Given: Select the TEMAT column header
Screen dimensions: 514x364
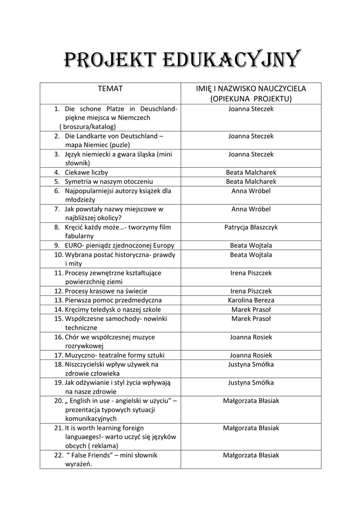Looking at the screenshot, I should [110, 89].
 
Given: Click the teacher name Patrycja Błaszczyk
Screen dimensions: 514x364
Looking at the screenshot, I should [251, 227].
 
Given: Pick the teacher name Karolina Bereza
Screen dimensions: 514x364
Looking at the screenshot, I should [251, 300].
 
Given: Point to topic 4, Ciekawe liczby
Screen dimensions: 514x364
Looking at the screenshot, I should [86, 172].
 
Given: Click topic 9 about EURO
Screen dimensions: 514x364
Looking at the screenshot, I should [119, 245].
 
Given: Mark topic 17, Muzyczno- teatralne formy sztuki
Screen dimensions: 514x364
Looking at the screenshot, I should [114, 355].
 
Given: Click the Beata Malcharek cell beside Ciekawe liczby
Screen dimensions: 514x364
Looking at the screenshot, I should [251, 172].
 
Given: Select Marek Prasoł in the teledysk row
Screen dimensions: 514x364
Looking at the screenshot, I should [251, 309].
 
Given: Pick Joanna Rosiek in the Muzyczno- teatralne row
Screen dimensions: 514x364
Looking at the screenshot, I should [251, 355].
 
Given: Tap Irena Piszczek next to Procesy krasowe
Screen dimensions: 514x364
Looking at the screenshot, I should [251, 291].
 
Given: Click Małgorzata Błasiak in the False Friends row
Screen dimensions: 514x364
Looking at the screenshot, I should [251, 455].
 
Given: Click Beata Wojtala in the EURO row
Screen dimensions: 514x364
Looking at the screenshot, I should [251, 245].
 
